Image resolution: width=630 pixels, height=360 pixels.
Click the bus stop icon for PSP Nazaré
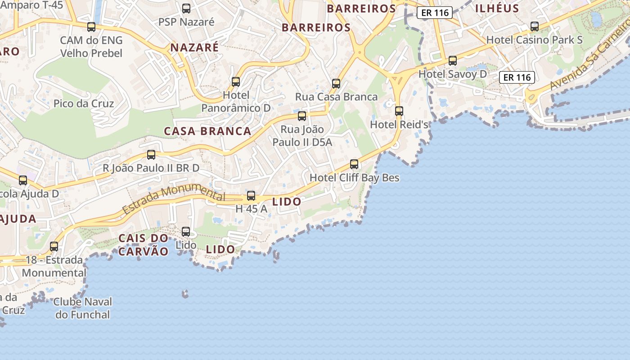click(x=186, y=8)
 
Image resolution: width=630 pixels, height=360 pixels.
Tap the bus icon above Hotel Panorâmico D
click(x=236, y=81)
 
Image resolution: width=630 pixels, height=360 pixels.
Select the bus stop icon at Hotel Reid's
click(x=399, y=111)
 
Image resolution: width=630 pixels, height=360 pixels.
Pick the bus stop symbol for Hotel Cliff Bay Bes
click(x=354, y=164)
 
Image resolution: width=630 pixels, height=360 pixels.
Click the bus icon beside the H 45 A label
click(x=251, y=196)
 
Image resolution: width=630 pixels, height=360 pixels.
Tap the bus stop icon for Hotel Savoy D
click(x=453, y=60)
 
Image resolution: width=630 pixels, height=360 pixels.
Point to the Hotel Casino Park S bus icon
click(x=535, y=26)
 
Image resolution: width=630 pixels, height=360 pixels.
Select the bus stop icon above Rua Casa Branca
click(x=336, y=83)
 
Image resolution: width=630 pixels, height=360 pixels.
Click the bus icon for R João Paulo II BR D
click(x=151, y=154)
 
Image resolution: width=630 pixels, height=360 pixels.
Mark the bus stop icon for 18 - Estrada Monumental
click(x=54, y=246)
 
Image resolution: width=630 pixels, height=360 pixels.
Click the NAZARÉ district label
click(x=194, y=47)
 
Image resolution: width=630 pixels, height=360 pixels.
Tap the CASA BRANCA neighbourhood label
click(x=207, y=131)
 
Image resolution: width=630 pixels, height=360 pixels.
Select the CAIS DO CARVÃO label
click(x=143, y=245)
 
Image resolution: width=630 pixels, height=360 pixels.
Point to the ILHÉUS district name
click(x=497, y=8)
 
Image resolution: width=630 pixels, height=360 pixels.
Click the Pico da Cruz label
click(x=84, y=103)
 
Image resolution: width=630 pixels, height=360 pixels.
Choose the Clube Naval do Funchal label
click(x=83, y=308)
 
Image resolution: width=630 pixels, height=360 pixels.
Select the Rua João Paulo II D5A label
click(x=302, y=136)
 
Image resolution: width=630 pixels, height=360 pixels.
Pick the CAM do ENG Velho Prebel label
click(x=91, y=47)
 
